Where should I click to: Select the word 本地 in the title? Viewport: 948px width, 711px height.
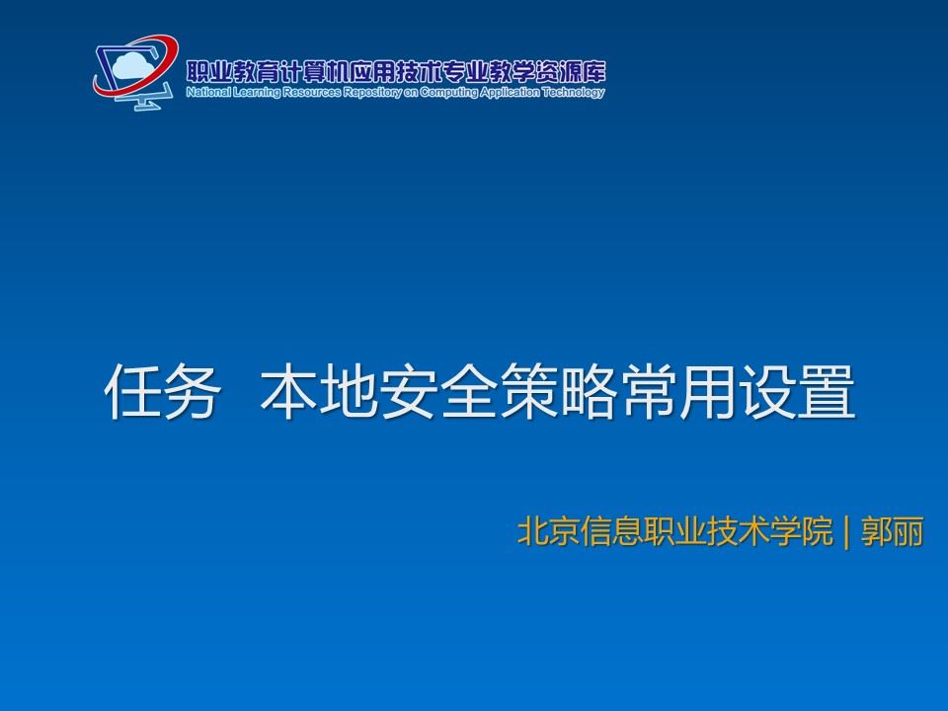tap(319, 391)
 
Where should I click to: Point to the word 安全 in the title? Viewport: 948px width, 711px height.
tap(438, 391)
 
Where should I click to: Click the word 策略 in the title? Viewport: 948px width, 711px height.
tap(557, 391)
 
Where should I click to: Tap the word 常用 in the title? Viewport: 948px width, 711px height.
tap(677, 391)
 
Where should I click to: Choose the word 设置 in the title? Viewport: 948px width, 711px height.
tap(797, 391)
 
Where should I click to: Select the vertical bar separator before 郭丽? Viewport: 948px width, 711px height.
tap(846, 532)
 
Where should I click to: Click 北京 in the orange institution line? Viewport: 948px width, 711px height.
tap(548, 531)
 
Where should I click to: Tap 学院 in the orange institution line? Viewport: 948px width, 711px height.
tap(802, 531)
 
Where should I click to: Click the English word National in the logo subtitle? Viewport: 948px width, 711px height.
tap(208, 92)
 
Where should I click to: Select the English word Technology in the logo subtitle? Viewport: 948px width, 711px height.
tap(573, 93)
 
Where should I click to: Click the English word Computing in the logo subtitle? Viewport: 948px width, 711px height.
tap(448, 93)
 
